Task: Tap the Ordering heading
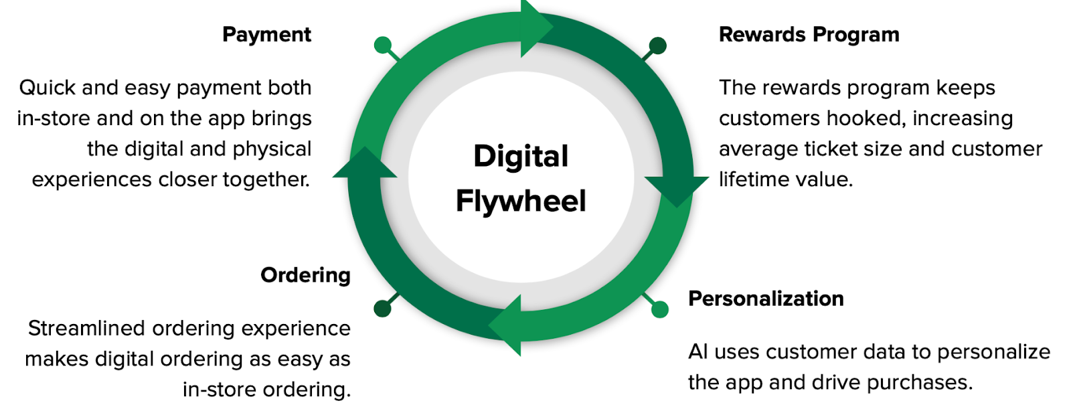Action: [x=305, y=276]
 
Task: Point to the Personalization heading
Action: [x=766, y=299]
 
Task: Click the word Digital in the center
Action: [x=521, y=157]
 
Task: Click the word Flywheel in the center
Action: [x=521, y=201]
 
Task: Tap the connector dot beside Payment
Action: [x=382, y=46]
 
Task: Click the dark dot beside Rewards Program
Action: [x=658, y=46]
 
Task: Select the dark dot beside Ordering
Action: [x=382, y=309]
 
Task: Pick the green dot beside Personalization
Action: [x=660, y=309]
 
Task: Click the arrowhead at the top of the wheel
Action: [x=535, y=27]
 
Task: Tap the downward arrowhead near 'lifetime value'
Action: [x=677, y=191]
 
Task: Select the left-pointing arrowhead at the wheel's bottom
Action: [x=506, y=325]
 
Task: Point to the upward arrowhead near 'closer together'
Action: [x=365, y=163]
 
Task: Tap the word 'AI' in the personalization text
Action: [x=697, y=352]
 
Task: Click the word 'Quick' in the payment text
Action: [x=48, y=88]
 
